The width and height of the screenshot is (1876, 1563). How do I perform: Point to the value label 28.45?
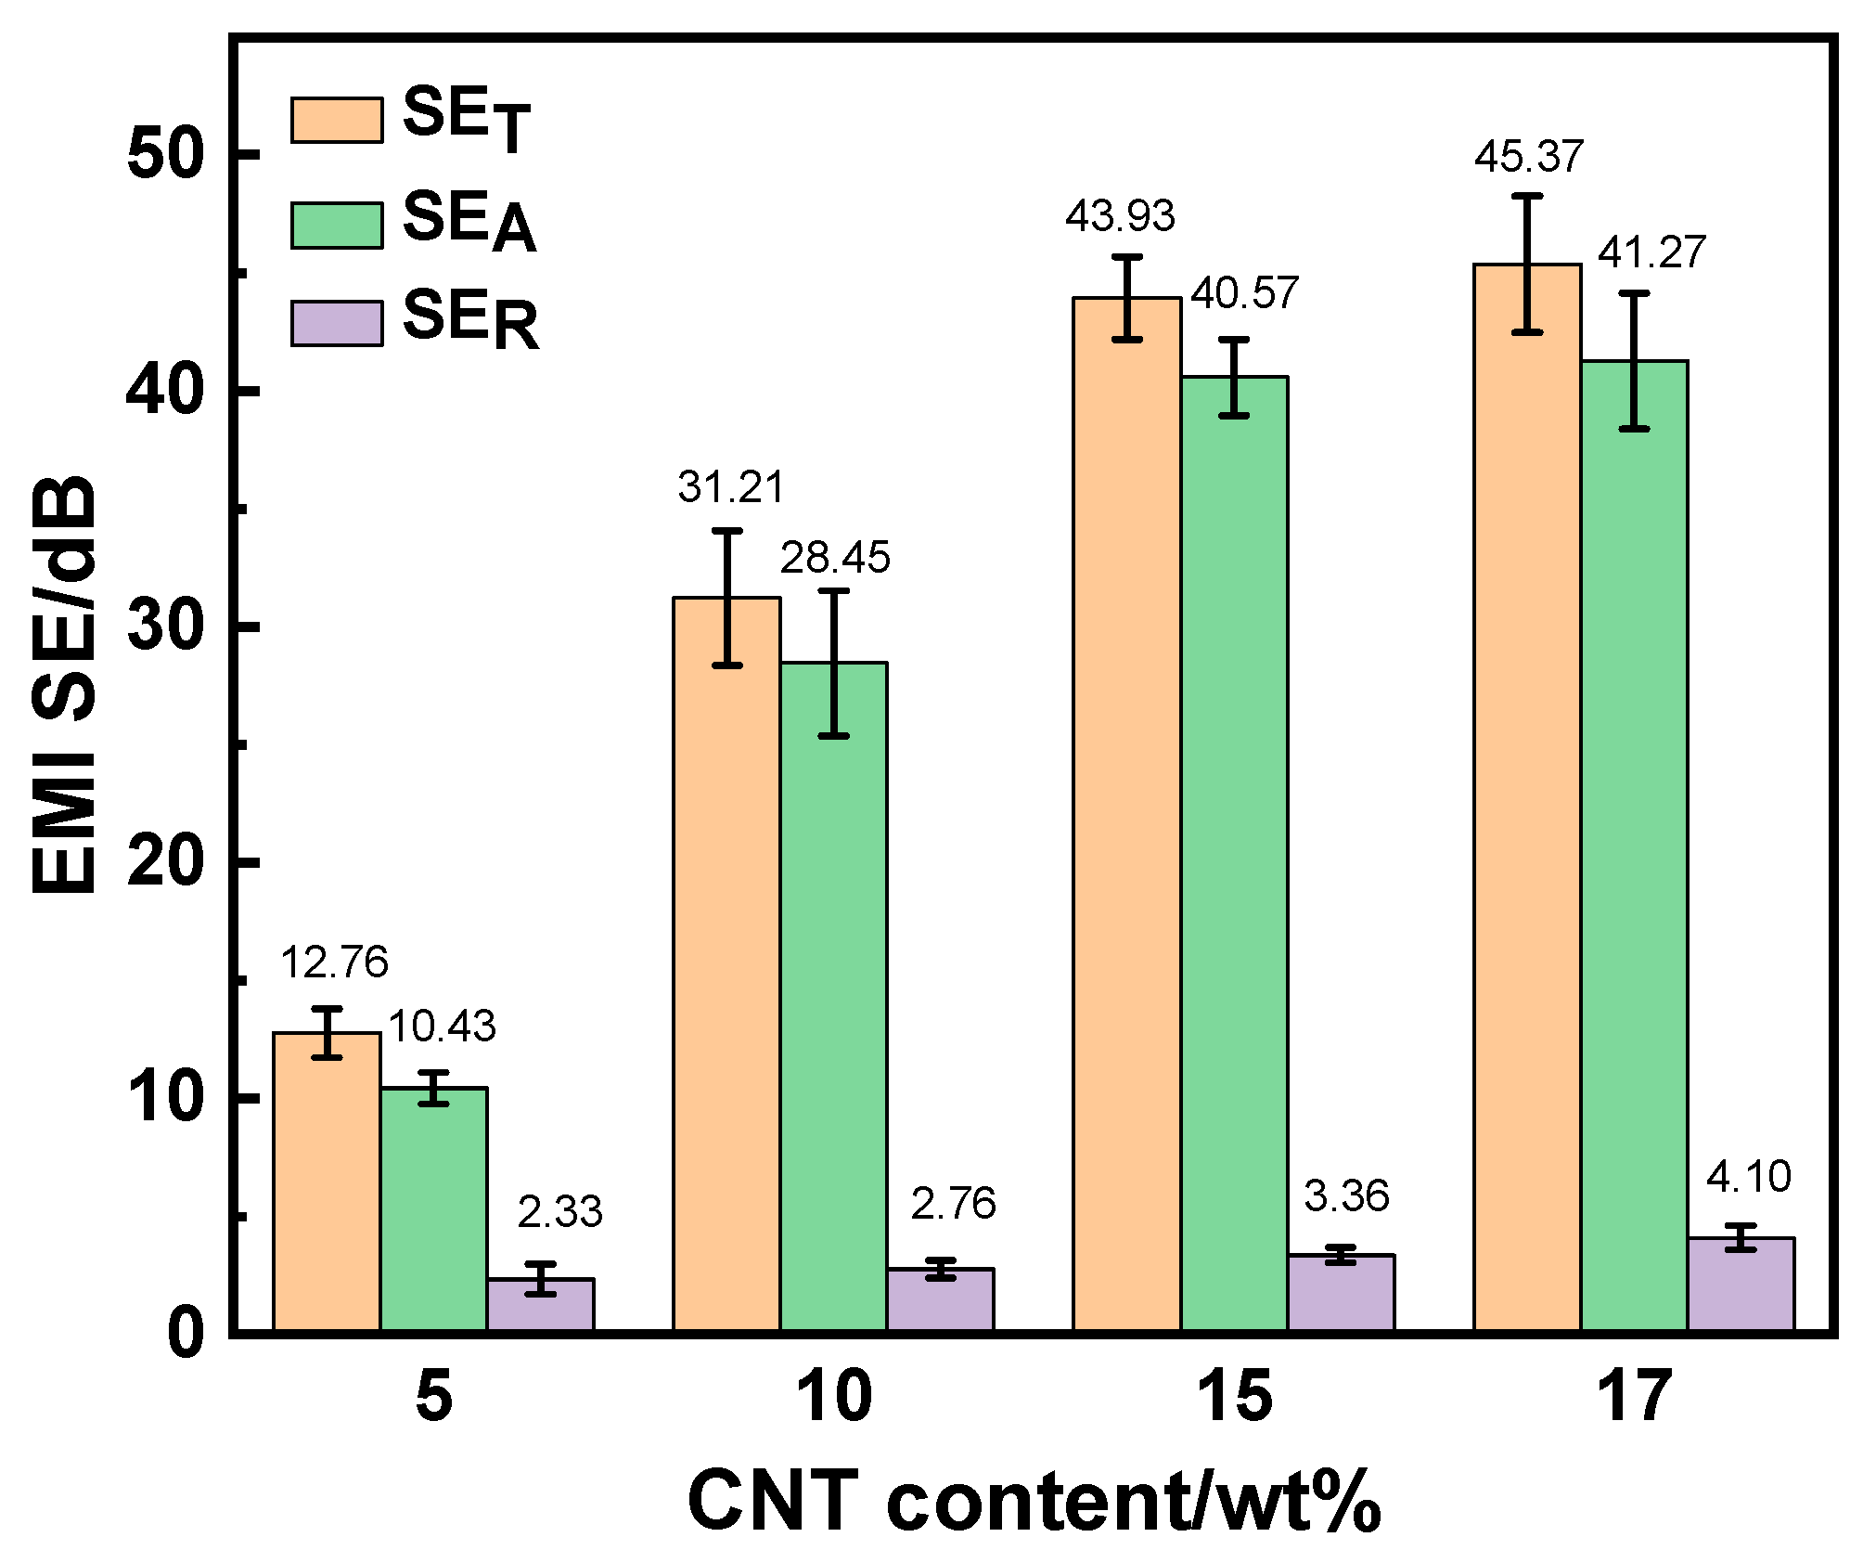[x=834, y=558]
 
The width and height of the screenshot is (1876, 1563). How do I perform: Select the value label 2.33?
[x=559, y=1212]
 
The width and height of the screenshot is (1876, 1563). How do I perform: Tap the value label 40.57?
[x=1244, y=293]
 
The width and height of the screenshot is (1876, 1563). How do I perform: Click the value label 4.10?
[x=1748, y=1177]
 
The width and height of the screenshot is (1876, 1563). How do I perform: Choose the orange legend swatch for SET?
[x=337, y=121]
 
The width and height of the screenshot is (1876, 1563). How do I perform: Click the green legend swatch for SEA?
[x=337, y=226]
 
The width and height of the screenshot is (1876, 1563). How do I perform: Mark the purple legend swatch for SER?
[x=337, y=323]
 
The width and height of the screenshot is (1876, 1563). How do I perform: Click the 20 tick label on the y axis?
[x=165, y=861]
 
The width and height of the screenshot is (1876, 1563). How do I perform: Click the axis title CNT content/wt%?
[x=1034, y=1502]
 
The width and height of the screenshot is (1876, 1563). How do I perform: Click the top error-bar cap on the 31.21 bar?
[x=727, y=531]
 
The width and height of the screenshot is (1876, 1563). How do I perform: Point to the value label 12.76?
[x=334, y=962]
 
